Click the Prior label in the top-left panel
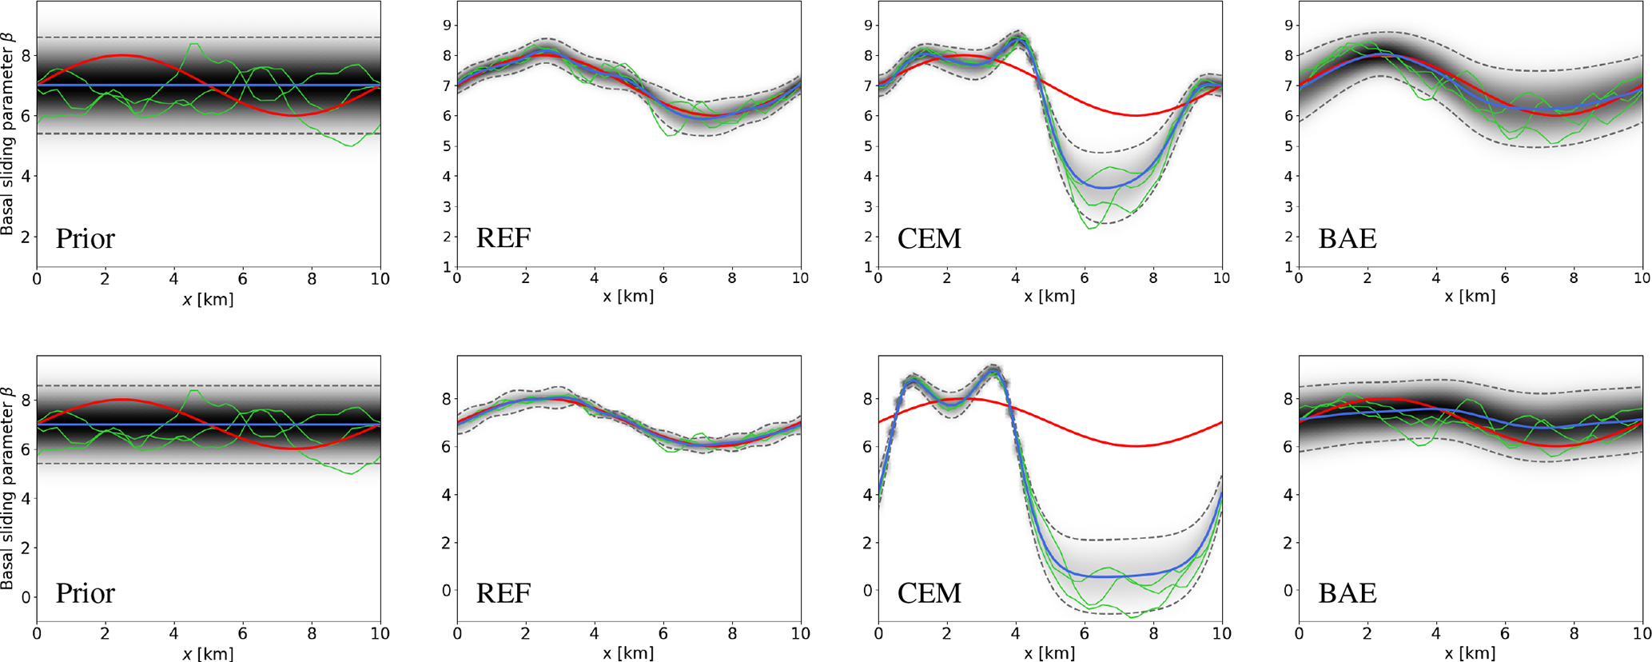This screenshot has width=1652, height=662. point(85,238)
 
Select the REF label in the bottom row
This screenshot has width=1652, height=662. point(504,592)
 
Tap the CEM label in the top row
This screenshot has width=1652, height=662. point(929,238)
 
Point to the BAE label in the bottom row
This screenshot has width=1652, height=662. point(1347,592)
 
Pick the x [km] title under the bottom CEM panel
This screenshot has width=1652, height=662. point(1049,653)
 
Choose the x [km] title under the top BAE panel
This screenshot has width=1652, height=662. point(1470,297)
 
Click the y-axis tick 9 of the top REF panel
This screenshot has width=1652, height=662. point(448,26)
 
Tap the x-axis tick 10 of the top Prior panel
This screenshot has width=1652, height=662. point(380,279)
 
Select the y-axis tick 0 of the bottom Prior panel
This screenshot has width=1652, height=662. point(26,597)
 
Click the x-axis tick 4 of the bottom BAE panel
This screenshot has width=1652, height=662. point(1436,633)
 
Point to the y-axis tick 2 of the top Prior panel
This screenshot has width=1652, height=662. point(26,237)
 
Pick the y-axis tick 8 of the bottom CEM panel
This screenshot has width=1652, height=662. point(869,399)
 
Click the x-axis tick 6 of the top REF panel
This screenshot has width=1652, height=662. point(663,278)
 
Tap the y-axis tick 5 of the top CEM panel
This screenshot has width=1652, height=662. point(869,146)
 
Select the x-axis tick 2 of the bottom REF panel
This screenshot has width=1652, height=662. point(526,633)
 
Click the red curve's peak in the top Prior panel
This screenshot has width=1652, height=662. point(122,55)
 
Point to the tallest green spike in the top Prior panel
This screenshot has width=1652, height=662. point(193,44)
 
